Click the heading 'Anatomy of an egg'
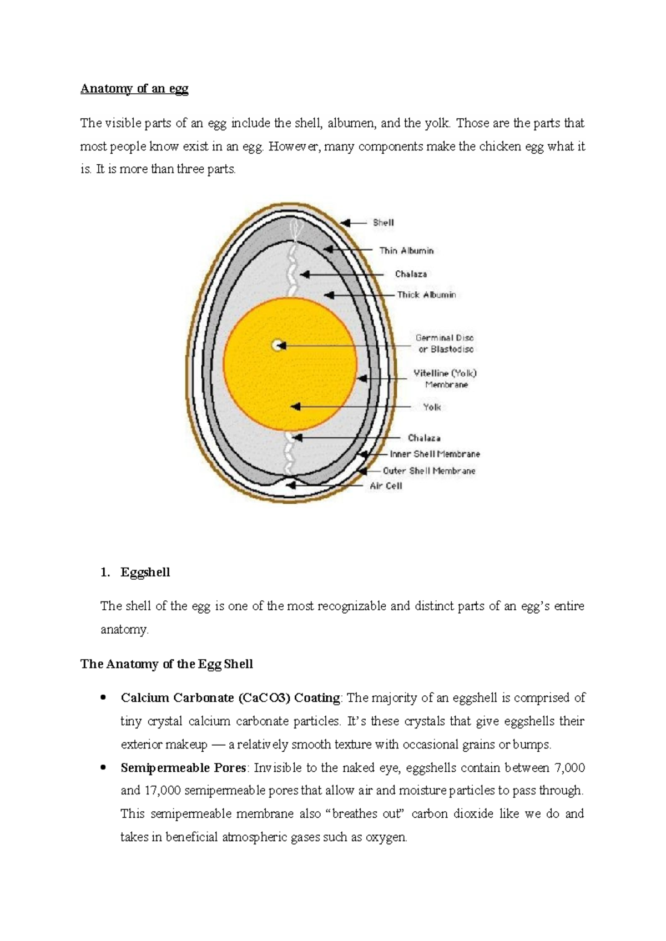[x=134, y=89]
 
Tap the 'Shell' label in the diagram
[x=383, y=222]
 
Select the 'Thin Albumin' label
[x=406, y=251]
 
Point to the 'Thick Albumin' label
[x=426, y=295]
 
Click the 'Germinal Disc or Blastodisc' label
[x=445, y=343]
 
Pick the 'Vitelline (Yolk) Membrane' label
[x=445, y=378]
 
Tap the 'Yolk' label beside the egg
[x=432, y=407]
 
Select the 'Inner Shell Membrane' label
[x=435, y=454]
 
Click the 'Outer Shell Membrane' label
[x=429, y=471]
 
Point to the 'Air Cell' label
[x=386, y=486]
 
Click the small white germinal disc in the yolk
[x=276, y=346]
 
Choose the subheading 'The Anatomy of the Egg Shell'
[x=167, y=664]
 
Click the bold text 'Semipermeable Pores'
[x=183, y=768]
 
